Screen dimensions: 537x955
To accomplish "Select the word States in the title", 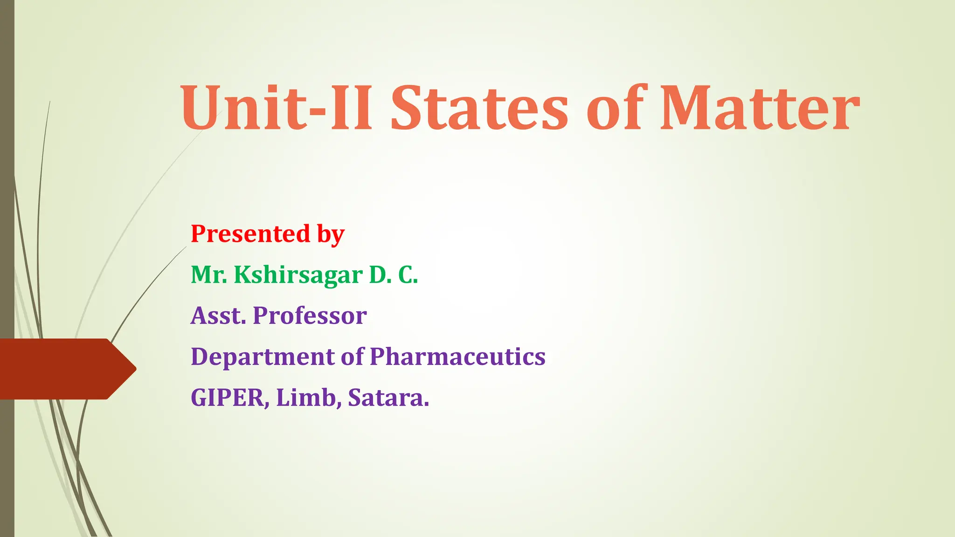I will pyautogui.click(x=479, y=108).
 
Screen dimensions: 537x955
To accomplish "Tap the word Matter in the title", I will pyautogui.click(x=760, y=108).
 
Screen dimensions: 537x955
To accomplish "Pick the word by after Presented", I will pyautogui.click(x=331, y=234).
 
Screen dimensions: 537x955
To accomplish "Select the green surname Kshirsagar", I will pyautogui.click(x=298, y=275).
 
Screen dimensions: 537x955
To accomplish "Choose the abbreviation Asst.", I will pyautogui.click(x=218, y=316).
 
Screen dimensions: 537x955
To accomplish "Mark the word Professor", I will pyautogui.click(x=310, y=316).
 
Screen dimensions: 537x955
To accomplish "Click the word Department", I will pyautogui.click(x=263, y=357).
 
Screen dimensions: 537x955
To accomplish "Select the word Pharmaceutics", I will pyautogui.click(x=457, y=357).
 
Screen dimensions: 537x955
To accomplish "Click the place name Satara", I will pyautogui.click(x=388, y=398).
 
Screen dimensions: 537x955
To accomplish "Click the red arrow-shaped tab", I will pyautogui.click(x=61, y=369).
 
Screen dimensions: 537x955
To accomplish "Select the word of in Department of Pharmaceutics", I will pyautogui.click(x=352, y=357).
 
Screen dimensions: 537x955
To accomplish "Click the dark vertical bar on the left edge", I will pyautogui.click(x=7, y=186).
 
